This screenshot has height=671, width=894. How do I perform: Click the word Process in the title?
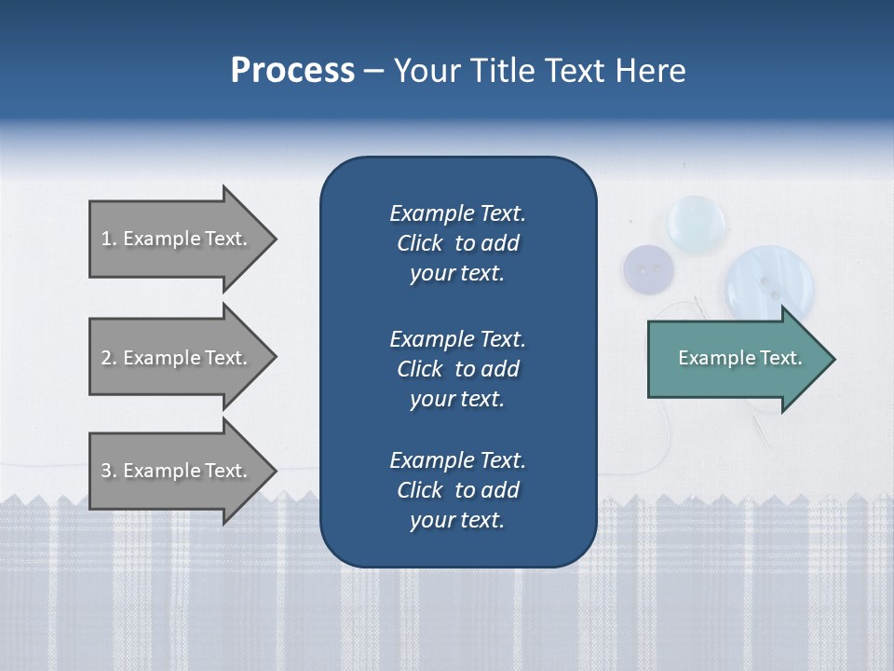click(292, 71)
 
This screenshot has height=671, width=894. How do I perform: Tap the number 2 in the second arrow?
click(106, 358)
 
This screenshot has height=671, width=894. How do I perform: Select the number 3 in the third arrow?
click(106, 471)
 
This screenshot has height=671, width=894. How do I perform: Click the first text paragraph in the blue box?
click(457, 243)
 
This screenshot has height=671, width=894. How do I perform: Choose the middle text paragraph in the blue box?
click(457, 368)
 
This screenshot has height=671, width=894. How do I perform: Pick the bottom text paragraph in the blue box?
click(457, 489)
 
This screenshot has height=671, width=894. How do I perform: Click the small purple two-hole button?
click(648, 269)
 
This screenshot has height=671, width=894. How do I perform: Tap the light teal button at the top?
click(697, 221)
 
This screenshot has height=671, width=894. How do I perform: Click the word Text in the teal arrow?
click(780, 358)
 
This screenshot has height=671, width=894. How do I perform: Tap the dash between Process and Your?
click(373, 71)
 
